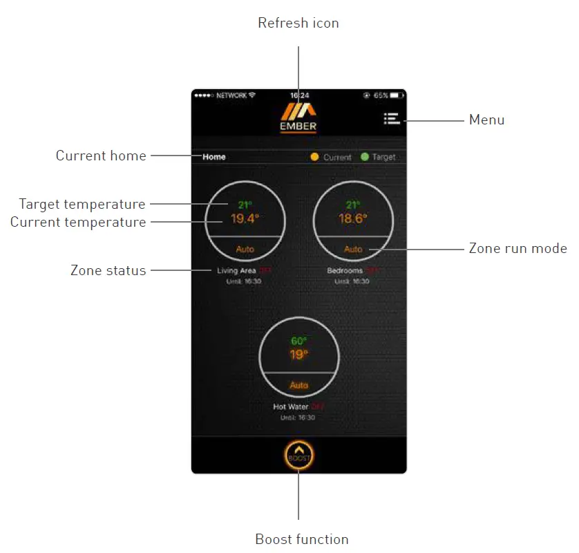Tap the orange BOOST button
coord(298,456)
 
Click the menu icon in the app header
coord(392,119)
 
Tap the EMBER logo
coord(298,116)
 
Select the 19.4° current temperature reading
coord(245,219)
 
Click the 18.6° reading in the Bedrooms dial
coord(353,219)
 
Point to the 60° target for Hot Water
coord(298,341)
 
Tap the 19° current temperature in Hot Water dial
coord(298,355)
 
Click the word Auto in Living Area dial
coord(245,249)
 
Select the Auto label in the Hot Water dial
coord(298,385)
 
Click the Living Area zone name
coord(236,271)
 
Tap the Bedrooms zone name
coord(345,271)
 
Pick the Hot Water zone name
coord(291,407)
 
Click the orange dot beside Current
coord(315,157)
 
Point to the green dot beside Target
coord(365,157)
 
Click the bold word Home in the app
coord(214,157)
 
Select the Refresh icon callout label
coord(298,23)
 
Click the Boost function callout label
coord(302,539)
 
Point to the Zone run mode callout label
coord(518,248)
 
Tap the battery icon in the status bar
coord(397,95)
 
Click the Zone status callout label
coord(108,270)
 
